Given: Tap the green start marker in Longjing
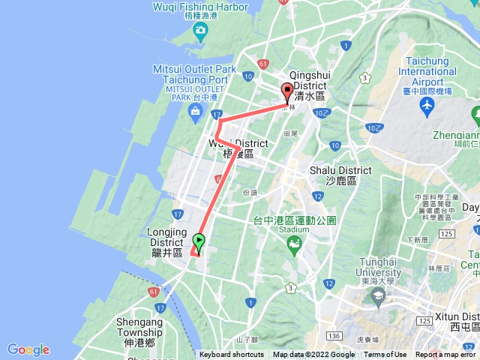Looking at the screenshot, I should pyautogui.click(x=199, y=241).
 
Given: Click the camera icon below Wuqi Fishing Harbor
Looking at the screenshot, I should pyautogui.click(x=199, y=30).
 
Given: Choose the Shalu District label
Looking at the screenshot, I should pyautogui.click(x=340, y=175).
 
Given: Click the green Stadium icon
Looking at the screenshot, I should pyautogui.click(x=295, y=244).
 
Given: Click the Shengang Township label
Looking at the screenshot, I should pyautogui.click(x=139, y=327).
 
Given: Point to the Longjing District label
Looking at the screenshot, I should pyautogui.click(x=166, y=242).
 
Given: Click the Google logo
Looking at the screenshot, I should pyautogui.click(x=28, y=349).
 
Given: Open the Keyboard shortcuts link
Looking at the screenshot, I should pyautogui.click(x=232, y=355).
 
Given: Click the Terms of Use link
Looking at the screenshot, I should pyautogui.click(x=385, y=355).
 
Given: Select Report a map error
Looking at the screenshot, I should pyautogui.click(x=447, y=355).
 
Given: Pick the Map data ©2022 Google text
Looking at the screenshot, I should pyautogui.click(x=314, y=355).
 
